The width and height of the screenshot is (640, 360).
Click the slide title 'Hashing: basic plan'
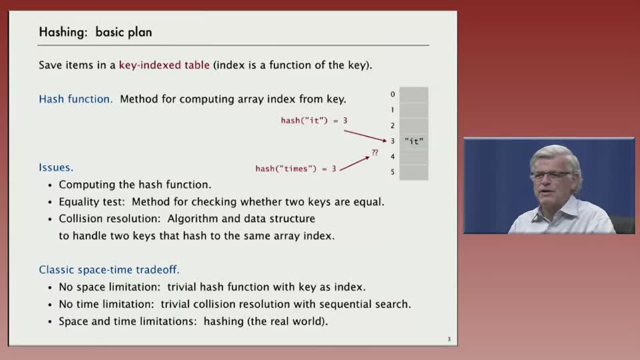click(96, 32)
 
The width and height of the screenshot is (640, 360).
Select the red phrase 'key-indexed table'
click(164, 65)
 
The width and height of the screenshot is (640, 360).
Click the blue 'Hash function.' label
click(76, 99)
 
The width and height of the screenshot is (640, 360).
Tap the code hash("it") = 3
click(313, 121)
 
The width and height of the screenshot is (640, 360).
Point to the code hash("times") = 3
click(295, 169)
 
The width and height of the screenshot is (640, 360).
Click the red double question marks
click(375, 153)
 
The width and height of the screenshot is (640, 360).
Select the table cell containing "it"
click(414, 141)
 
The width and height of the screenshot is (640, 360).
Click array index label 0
click(393, 95)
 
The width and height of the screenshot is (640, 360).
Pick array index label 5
click(393, 172)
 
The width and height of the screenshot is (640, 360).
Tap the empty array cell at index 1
click(414, 110)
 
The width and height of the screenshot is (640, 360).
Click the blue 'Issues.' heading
click(56, 167)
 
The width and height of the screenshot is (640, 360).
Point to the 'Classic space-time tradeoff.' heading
click(109, 270)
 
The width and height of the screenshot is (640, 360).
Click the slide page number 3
click(449, 339)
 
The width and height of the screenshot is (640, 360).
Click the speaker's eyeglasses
click(551, 175)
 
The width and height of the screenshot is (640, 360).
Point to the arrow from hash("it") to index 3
click(365, 135)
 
